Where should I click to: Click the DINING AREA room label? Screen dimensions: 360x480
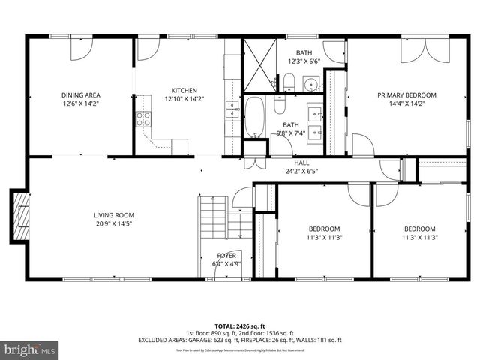pyautogui.click(x=80, y=95)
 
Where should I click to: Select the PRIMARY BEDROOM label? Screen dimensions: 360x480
pyautogui.click(x=406, y=95)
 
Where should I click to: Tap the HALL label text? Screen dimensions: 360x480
pyautogui.click(x=301, y=163)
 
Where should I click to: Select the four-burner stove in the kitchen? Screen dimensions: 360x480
pyautogui.click(x=142, y=118)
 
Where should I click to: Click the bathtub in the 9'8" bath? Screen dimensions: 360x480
pyautogui.click(x=255, y=118)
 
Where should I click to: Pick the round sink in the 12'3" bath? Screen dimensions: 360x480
pyautogui.click(x=313, y=82)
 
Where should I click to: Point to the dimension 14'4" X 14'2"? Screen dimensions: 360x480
pyautogui.click(x=406, y=103)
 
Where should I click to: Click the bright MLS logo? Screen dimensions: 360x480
pyautogui.click(x=30, y=349)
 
